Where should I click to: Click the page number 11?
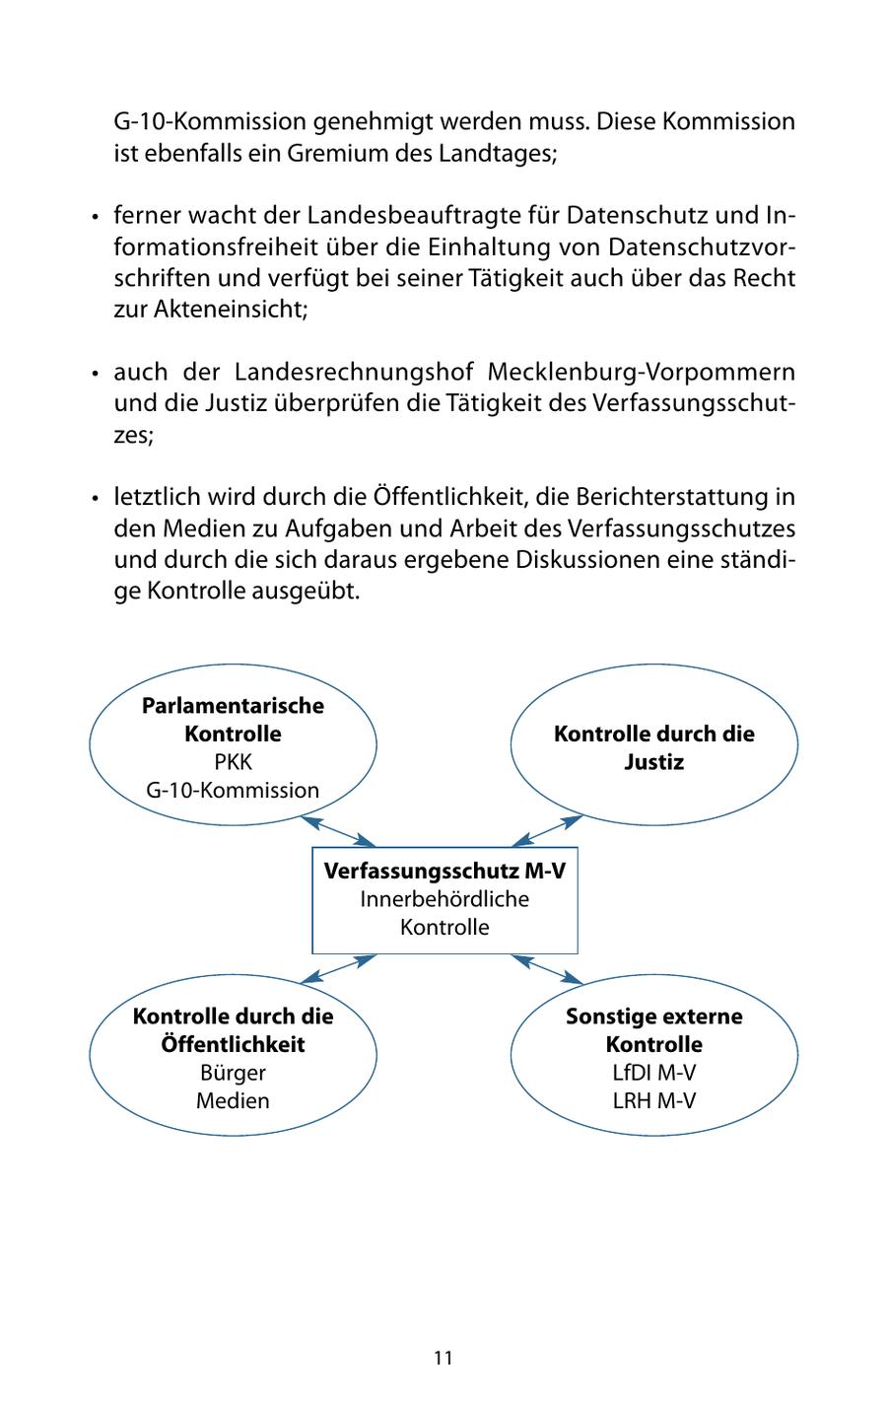pyautogui.click(x=443, y=1358)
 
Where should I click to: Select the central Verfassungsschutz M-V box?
pyautogui.click(x=444, y=899)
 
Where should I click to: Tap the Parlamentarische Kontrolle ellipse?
pyautogui.click(x=233, y=746)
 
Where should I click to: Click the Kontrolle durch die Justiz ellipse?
pyautogui.click(x=653, y=747)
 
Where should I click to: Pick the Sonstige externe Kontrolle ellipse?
pyautogui.click(x=653, y=1057)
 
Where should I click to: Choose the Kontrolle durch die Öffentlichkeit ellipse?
pyautogui.click(x=233, y=1057)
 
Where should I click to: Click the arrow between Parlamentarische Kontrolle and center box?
pyautogui.click(x=338, y=831)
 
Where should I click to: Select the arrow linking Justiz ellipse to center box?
pyautogui.click(x=548, y=831)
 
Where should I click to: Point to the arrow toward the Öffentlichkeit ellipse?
pyautogui.click(x=338, y=968)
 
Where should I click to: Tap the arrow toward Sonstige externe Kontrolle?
pyautogui.click(x=548, y=968)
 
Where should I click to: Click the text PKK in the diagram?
pyautogui.click(x=233, y=762)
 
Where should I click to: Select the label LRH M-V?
pyautogui.click(x=653, y=1100)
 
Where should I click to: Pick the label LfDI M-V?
pyautogui.click(x=653, y=1073)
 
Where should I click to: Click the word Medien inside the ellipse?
pyautogui.click(x=233, y=1100)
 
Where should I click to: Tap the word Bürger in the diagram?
pyautogui.click(x=233, y=1073)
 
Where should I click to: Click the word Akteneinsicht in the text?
pyautogui.click(x=231, y=309)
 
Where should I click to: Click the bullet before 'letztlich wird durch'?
pyautogui.click(x=96, y=499)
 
